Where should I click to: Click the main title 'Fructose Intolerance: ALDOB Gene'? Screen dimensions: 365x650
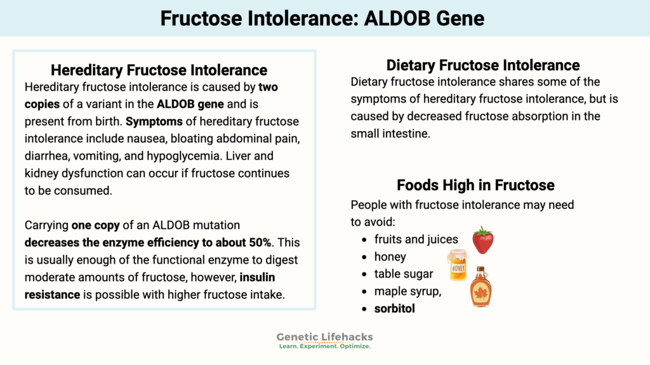(x=322, y=18)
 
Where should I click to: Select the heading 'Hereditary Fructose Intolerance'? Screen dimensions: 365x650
(x=159, y=70)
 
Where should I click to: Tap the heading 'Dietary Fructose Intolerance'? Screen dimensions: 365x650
(x=483, y=65)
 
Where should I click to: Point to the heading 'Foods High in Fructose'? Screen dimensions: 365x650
(x=475, y=185)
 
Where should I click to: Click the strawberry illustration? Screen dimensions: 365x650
(x=483, y=240)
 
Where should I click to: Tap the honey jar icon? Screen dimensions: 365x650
(x=457, y=264)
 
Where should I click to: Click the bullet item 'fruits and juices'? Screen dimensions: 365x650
(x=416, y=239)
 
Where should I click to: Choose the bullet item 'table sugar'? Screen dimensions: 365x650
(x=404, y=274)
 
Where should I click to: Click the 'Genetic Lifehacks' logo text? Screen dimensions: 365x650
(x=325, y=337)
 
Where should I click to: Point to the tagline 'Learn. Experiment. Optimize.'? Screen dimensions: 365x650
(x=325, y=347)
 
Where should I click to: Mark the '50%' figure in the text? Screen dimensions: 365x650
(x=259, y=242)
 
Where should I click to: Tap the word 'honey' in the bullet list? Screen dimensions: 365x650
(x=390, y=257)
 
